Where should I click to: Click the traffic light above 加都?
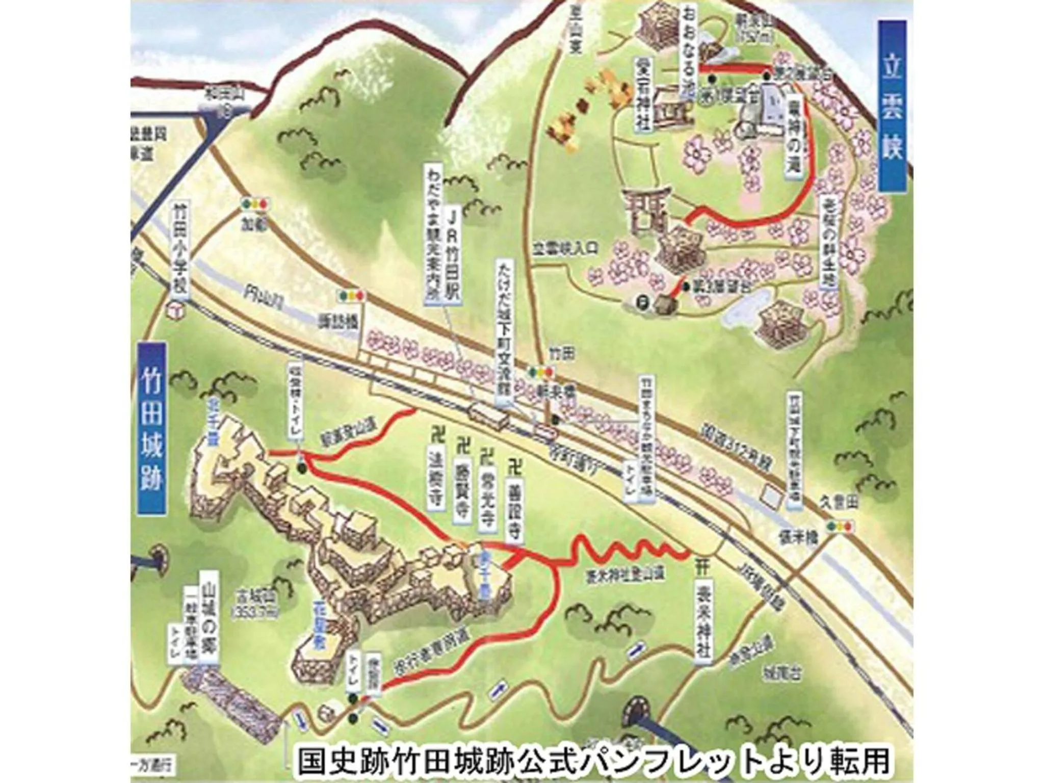[255, 204]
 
